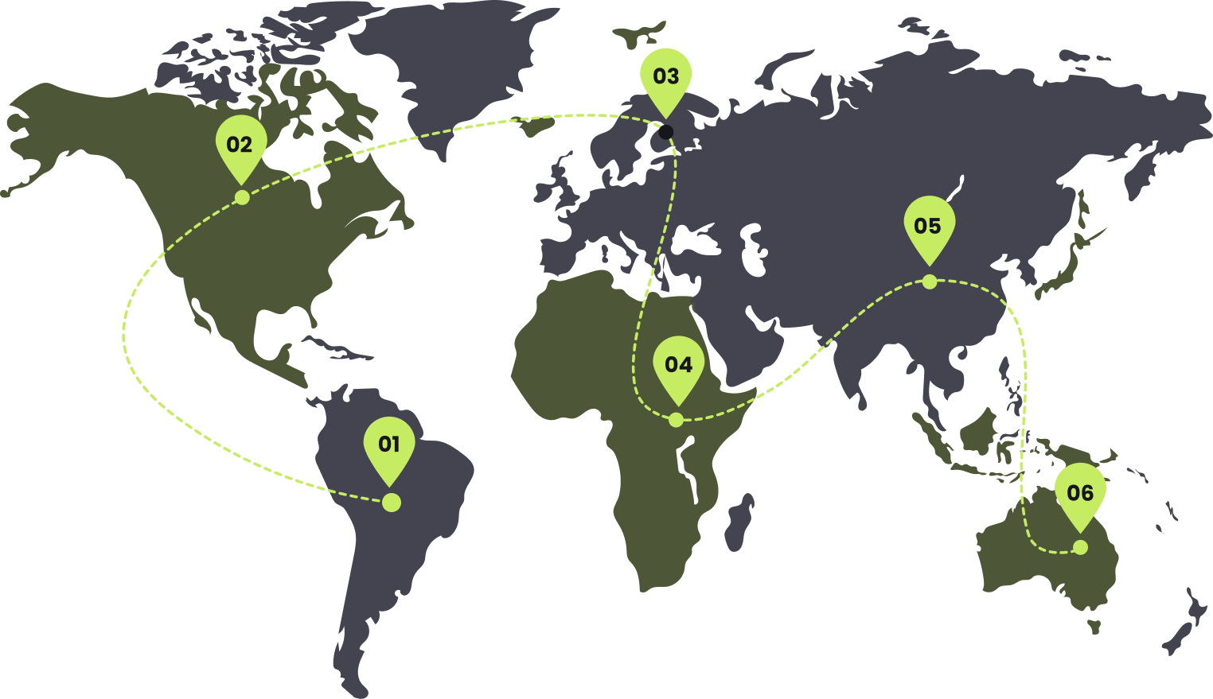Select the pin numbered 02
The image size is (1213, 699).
coord(240,146)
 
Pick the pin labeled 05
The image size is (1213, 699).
coord(928,227)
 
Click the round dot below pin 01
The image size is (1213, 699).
coord(391,503)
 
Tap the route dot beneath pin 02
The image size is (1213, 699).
coord(242,197)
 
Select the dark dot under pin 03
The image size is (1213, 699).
coord(665,132)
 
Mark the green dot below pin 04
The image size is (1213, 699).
coord(676,420)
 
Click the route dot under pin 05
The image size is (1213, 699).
coord(929,282)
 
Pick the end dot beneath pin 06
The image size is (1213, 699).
coord(1080,547)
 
